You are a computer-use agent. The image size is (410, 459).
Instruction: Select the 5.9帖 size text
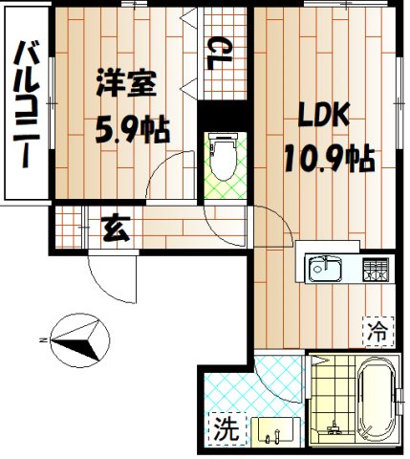133,128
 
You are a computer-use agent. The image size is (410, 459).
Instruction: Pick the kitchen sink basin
323,268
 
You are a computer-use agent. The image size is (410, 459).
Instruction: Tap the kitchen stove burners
374,269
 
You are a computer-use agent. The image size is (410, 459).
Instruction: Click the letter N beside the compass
43,338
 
